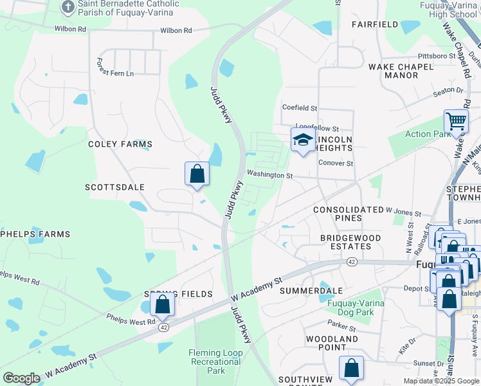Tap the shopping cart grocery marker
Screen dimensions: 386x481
pos(456,120)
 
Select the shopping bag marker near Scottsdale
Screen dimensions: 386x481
pos(197,174)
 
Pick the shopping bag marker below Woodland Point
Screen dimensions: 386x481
pos(351,369)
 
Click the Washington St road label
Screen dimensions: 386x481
pos(269,175)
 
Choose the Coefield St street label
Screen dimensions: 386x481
pos(300,108)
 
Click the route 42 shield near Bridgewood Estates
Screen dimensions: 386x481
pos(352,262)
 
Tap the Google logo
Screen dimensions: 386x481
pos(21,378)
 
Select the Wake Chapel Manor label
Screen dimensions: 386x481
pos(393,71)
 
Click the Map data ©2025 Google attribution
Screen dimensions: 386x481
pos(441,381)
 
